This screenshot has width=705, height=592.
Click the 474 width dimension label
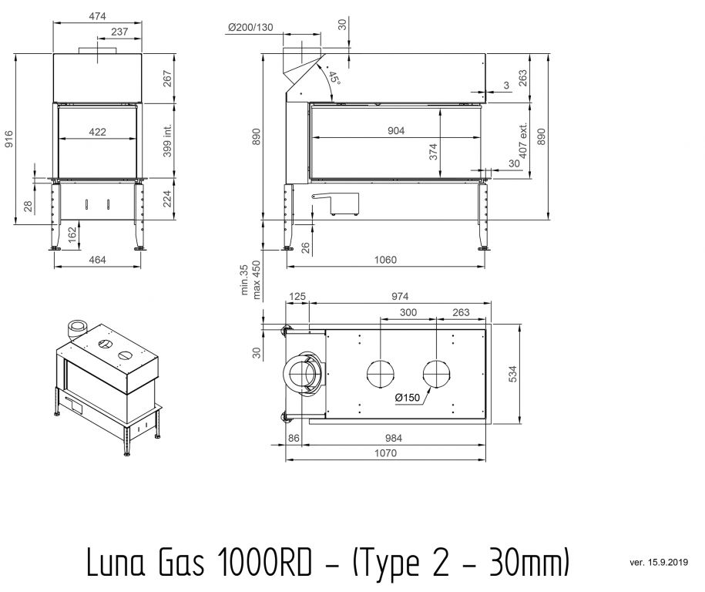click(97, 16)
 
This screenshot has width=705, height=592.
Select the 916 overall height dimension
click(9, 139)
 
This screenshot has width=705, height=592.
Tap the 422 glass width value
click(97, 132)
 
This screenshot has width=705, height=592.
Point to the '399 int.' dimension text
click(167, 141)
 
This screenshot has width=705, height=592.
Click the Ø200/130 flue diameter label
click(250, 28)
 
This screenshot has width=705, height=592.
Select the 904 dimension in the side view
click(396, 130)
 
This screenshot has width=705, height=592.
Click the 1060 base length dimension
click(385, 260)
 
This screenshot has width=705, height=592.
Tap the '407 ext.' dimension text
click(523, 141)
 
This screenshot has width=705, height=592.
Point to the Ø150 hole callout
click(408, 397)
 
